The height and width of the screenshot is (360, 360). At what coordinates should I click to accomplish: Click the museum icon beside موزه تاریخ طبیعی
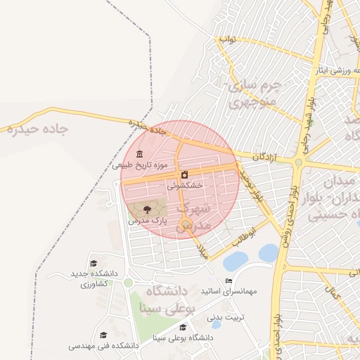click(139, 154)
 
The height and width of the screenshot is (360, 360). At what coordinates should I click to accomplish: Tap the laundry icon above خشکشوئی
click(184, 174)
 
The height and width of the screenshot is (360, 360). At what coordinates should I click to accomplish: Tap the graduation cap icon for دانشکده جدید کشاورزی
click(94, 263)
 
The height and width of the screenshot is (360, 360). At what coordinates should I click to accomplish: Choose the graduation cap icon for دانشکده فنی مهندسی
click(103, 335)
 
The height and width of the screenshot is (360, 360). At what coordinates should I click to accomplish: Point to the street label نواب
click(228, 39)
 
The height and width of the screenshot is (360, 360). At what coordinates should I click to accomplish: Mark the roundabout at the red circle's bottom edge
click(186, 224)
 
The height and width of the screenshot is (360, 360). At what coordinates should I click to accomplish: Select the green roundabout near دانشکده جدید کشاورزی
click(128, 283)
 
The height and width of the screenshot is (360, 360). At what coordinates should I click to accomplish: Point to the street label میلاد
click(204, 250)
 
